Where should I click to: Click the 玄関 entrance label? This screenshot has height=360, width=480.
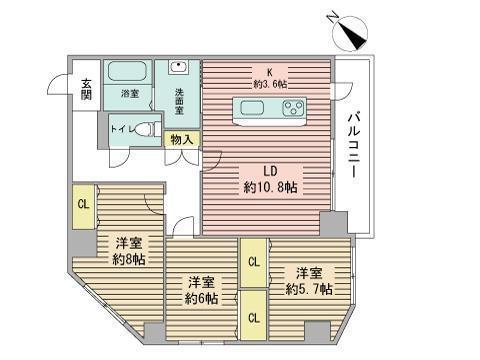click(87, 89)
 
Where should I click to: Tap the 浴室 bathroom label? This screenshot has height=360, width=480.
click(130, 94)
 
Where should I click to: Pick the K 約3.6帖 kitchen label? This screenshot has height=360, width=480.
click(269, 78)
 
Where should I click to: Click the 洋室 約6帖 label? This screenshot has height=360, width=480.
click(201, 290)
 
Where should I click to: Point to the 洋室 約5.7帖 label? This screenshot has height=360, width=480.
click(304, 281)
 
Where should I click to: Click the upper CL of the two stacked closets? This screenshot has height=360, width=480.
click(254, 263)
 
